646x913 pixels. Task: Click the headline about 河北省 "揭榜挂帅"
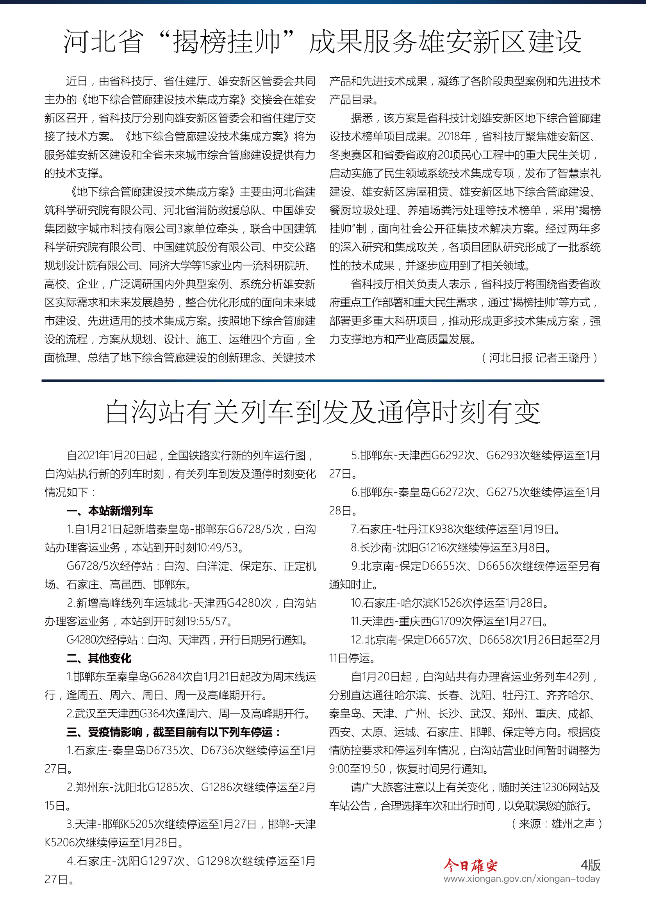click(323, 42)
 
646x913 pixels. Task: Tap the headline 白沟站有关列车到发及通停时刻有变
click(323, 412)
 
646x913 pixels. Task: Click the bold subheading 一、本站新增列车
click(110, 511)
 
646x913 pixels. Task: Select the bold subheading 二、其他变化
click(99, 658)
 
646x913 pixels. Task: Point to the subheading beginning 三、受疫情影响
click(174, 731)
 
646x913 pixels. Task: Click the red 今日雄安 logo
click(470, 865)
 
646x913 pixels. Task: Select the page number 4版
click(590, 865)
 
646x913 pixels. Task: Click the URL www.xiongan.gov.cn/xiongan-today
click(521, 879)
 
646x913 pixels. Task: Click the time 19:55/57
click(206, 621)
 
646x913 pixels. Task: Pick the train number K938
click(438, 529)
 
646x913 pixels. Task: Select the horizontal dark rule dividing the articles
click(323, 381)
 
